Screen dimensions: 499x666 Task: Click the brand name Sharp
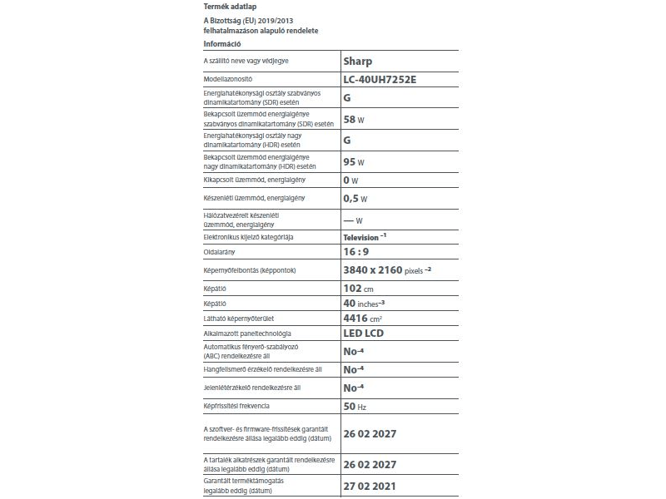[358, 62]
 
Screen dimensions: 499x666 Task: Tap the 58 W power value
[355, 119]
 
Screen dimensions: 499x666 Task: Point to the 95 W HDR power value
[355, 161]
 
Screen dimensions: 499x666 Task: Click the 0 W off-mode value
[350, 180]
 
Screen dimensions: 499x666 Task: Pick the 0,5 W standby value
[355, 199]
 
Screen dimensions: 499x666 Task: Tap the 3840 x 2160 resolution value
[372, 270]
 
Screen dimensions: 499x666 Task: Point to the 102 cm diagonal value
[358, 289]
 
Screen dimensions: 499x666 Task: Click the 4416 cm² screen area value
[363, 319]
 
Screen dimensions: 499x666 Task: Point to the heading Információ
[222, 43]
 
